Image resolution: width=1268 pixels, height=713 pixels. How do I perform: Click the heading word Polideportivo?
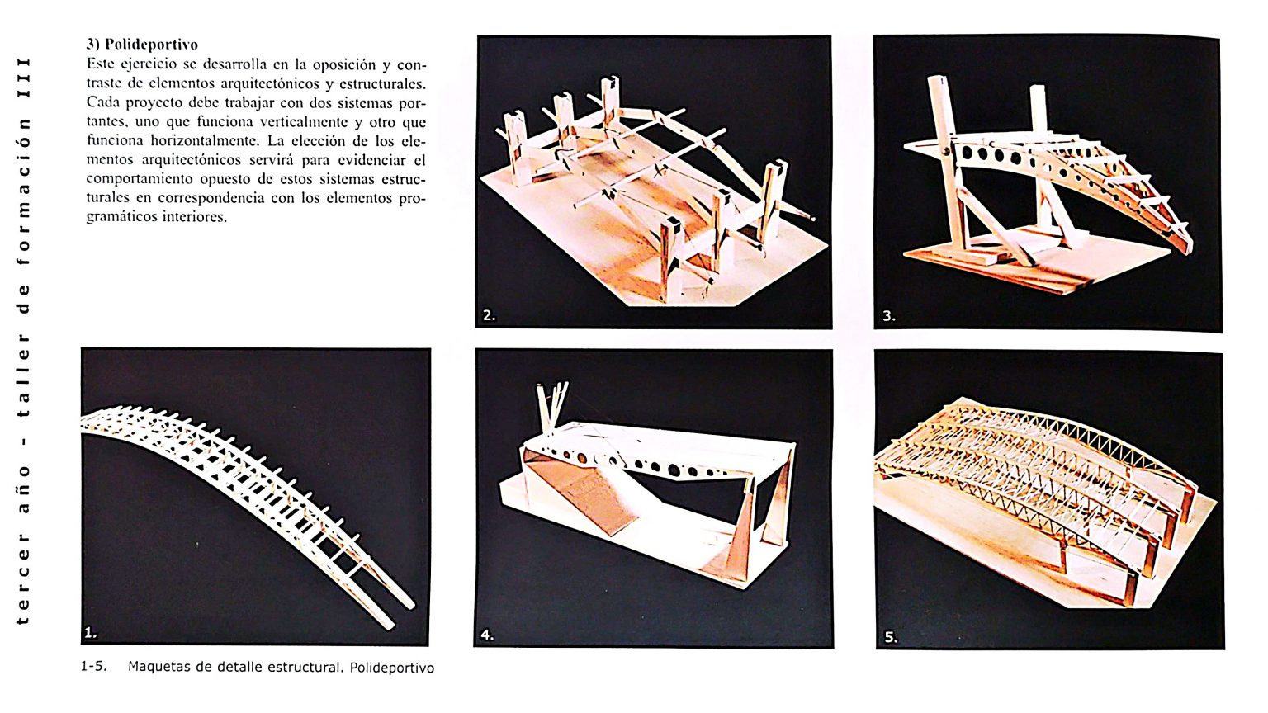point(151,45)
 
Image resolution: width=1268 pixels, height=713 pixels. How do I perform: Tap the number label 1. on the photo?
point(91,633)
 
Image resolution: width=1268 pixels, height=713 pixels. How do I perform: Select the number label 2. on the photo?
point(489,315)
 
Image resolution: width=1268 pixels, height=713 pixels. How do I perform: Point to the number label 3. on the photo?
point(888,315)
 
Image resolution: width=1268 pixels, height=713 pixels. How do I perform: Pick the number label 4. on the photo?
point(487,635)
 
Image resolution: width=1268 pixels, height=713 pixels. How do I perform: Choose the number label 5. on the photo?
point(891,636)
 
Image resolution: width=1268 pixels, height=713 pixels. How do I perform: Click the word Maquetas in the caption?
point(158,667)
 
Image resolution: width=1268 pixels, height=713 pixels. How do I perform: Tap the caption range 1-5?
point(93,667)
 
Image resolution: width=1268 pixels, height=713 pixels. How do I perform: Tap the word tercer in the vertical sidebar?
point(24,587)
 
